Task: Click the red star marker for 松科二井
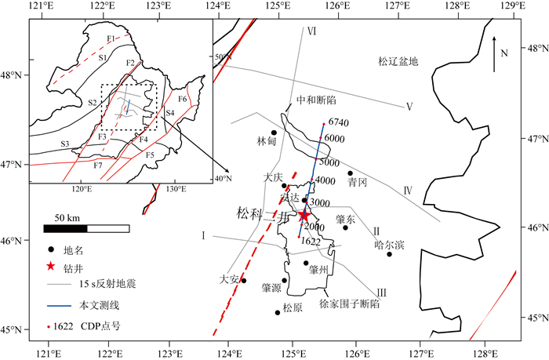tap(304, 215)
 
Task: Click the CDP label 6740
tap(339, 122)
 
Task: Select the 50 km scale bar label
tap(69, 216)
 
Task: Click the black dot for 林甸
tap(274, 133)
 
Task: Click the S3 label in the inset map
tap(66, 144)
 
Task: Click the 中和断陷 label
tap(316, 100)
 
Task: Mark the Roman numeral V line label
tap(409, 107)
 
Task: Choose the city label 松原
tap(293, 307)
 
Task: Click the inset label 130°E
tap(176, 189)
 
